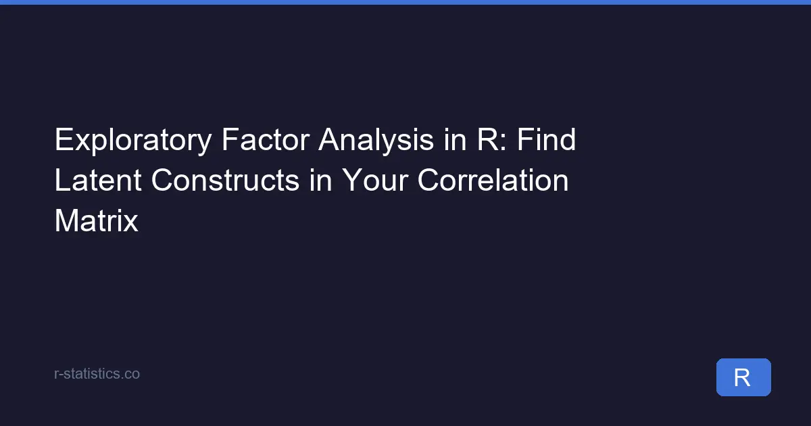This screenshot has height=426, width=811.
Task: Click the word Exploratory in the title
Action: pos(133,140)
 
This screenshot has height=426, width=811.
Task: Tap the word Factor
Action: pos(266,139)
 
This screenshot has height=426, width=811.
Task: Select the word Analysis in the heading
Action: pos(376,140)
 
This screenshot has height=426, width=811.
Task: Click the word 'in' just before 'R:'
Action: pos(455,139)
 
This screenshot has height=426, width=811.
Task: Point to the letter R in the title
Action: pos(488,139)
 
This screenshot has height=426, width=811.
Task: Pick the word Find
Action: pos(546,139)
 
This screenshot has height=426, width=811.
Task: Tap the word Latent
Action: pos(98,180)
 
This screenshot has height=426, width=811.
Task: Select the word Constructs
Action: pos(225,180)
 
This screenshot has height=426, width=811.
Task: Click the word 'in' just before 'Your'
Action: pos(320,180)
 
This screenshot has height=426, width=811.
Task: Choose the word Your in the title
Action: pos(374,180)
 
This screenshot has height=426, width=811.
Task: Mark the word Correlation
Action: pos(493,180)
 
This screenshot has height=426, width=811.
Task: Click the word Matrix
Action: pos(96,220)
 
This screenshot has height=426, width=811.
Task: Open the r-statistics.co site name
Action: pos(97,374)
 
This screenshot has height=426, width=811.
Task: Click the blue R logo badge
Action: pos(743,377)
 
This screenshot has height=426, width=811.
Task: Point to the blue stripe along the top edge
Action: pos(405,2)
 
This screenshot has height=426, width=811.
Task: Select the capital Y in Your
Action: pos(352,180)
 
